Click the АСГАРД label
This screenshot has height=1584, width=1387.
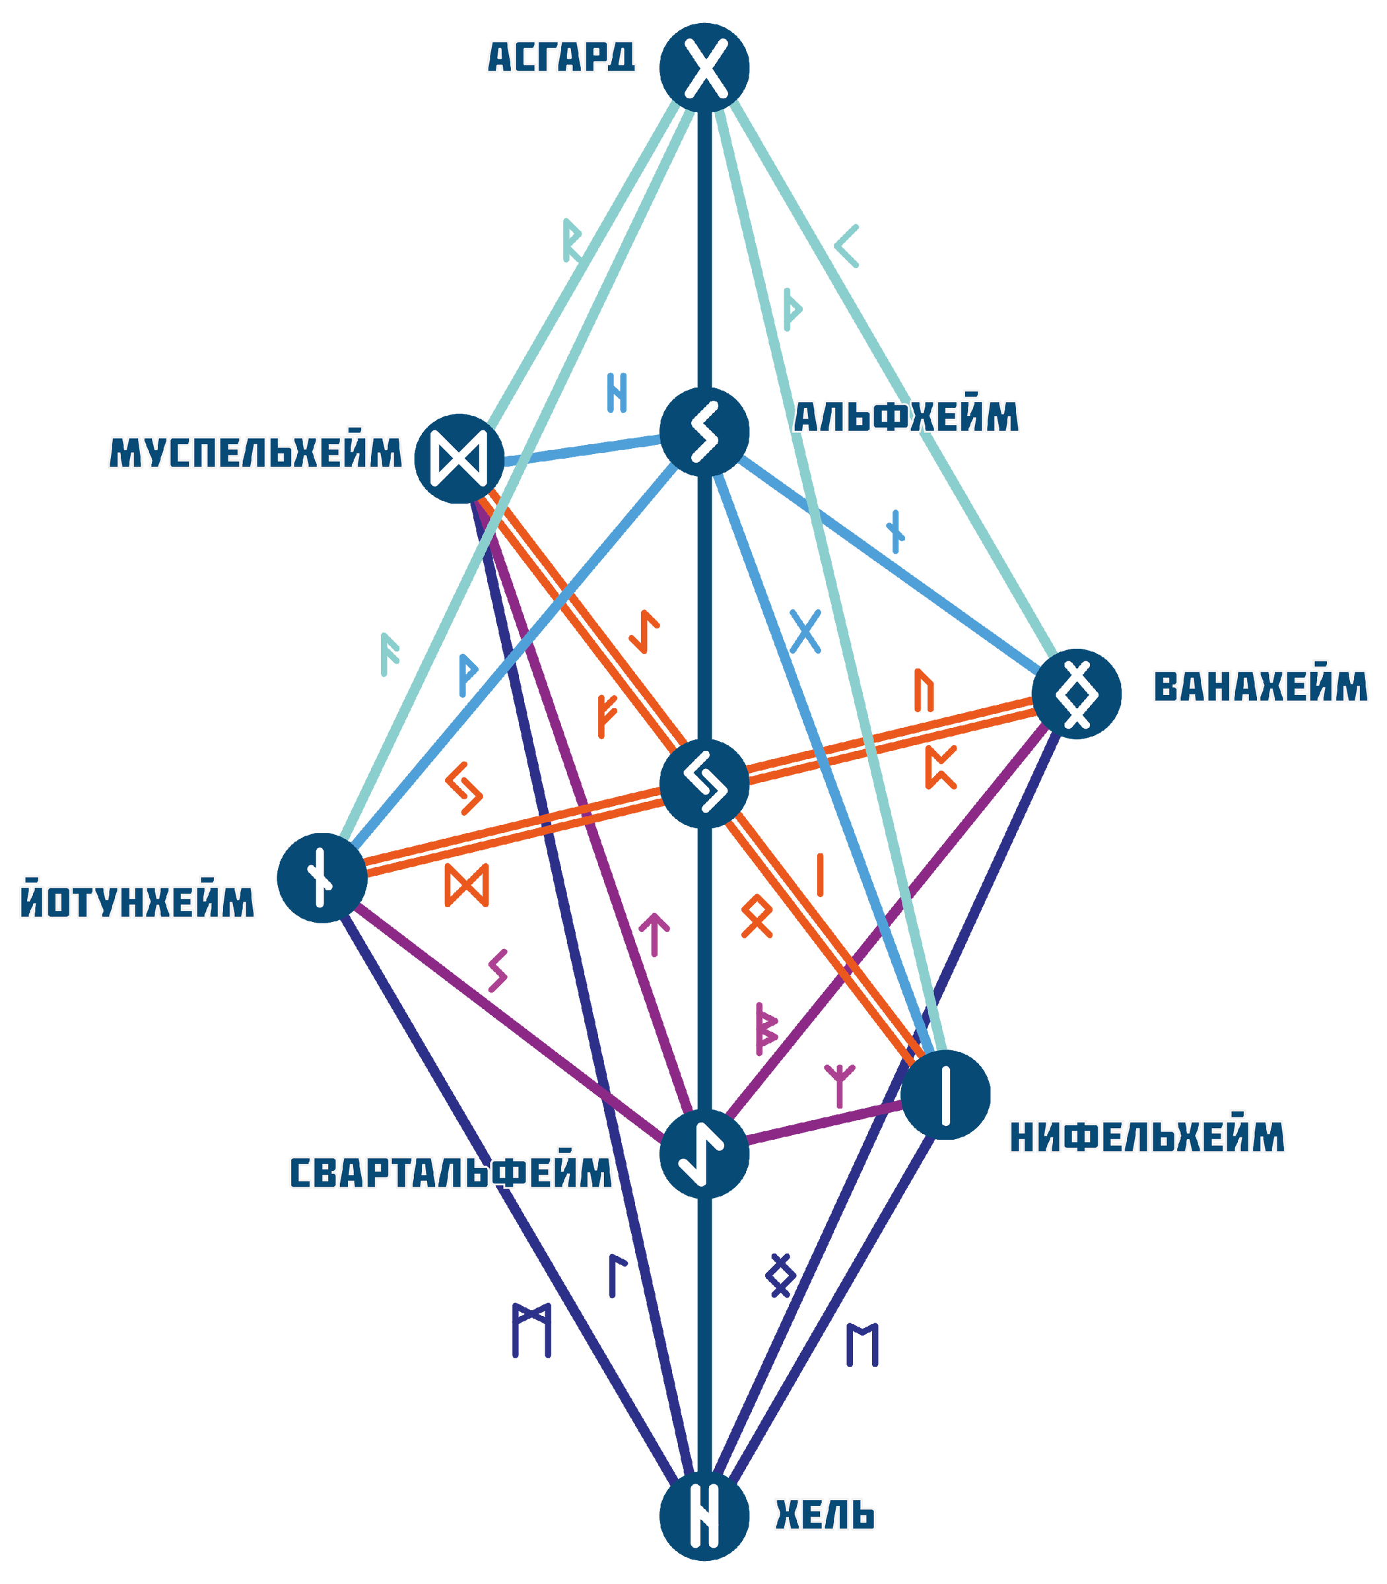(561, 57)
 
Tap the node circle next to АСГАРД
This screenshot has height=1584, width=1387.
(704, 68)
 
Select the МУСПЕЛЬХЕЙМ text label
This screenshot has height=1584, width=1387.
(255, 452)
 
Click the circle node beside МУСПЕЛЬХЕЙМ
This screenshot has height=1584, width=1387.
(459, 458)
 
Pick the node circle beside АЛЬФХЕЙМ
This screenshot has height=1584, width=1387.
(704, 431)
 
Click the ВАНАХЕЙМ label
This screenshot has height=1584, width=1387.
(1260, 687)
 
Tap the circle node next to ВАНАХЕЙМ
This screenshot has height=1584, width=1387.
(1076, 694)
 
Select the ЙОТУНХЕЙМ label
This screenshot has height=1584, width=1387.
(137, 902)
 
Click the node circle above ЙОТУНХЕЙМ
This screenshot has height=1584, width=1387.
(321, 878)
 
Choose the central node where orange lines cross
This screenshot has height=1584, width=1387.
(704, 783)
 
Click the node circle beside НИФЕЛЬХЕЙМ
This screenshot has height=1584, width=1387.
(945, 1094)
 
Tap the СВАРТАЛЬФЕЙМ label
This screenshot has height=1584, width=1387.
(450, 1172)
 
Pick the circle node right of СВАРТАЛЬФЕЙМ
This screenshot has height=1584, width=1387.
(704, 1154)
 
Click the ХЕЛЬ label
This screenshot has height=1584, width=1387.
(825, 1515)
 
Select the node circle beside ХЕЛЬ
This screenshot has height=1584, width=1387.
(704, 1515)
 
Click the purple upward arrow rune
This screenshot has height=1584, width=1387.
(654, 933)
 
